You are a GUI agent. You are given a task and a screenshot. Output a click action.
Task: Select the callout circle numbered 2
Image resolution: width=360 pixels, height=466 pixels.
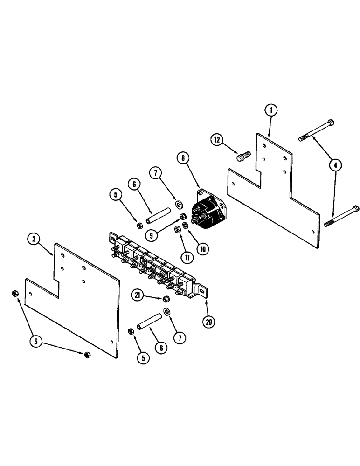[33, 240]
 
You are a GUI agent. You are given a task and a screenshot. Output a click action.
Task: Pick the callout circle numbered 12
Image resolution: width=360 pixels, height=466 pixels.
[217, 139]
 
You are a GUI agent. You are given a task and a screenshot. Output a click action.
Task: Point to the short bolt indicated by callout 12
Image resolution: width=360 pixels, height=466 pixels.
[243, 157]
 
